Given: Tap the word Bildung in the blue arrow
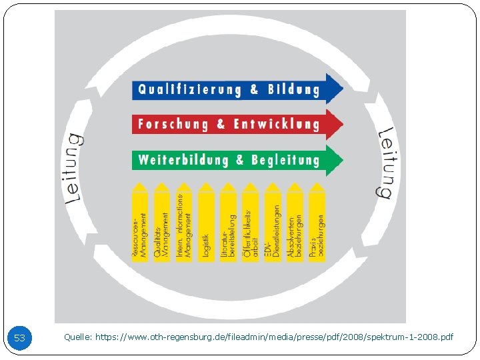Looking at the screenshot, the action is coord(293,89).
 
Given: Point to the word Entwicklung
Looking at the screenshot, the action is coord(277,124).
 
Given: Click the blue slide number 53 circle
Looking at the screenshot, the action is coord(19,338).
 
